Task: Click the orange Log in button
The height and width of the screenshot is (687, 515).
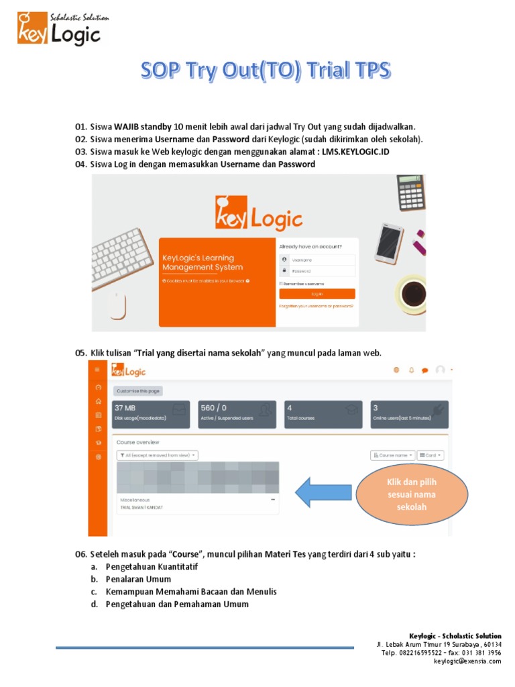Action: [x=317, y=294]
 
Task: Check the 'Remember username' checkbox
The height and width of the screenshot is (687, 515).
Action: [x=282, y=284]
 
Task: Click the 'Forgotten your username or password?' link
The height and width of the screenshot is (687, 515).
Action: [x=316, y=306]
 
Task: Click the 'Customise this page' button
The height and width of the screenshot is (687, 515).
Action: [x=137, y=390]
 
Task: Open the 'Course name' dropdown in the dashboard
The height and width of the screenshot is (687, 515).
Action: [x=392, y=455]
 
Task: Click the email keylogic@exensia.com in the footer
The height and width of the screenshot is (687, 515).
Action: [x=467, y=661]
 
